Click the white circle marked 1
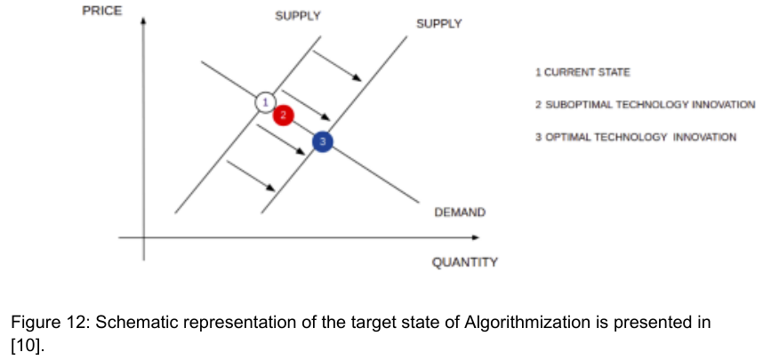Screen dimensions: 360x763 click(x=264, y=101)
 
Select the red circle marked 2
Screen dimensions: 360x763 click(x=283, y=116)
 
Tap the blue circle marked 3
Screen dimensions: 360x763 click(x=323, y=140)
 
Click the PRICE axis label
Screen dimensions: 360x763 click(x=100, y=11)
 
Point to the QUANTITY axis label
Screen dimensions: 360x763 click(x=464, y=262)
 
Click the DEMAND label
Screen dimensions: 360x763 click(x=459, y=212)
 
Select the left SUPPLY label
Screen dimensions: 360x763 click(x=298, y=16)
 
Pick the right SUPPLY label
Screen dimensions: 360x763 click(x=438, y=24)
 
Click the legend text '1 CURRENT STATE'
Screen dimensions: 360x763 click(x=582, y=71)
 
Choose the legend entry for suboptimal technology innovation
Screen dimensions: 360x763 click(x=645, y=105)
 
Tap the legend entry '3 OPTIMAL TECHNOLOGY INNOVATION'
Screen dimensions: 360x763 click(x=635, y=138)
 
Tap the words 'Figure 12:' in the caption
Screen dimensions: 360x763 click(x=50, y=323)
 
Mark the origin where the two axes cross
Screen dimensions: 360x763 click(x=144, y=236)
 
